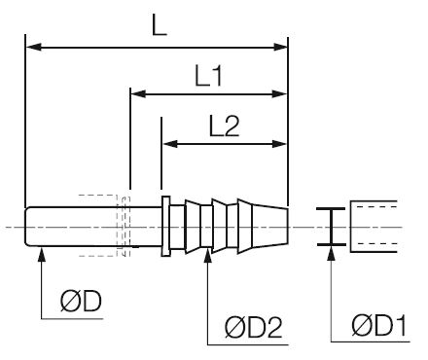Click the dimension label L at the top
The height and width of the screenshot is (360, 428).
point(160,25)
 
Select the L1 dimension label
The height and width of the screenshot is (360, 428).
point(209,76)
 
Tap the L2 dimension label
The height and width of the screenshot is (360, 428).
point(225,126)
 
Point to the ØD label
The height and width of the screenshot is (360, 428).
point(81,302)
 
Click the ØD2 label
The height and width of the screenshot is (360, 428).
point(254,328)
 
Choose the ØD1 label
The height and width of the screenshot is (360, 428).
point(378,325)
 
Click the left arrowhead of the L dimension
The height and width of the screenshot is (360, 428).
point(34,47)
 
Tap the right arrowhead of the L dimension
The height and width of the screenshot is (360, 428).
point(279,47)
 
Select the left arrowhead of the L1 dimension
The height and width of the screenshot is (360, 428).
point(139,94)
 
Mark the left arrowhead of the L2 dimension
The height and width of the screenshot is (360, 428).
point(170,144)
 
